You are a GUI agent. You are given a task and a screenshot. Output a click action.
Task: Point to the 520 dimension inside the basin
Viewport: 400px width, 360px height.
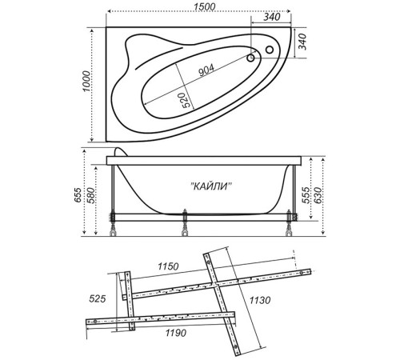tap(185, 99)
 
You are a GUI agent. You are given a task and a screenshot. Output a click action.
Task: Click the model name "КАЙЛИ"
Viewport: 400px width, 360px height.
tap(212, 186)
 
